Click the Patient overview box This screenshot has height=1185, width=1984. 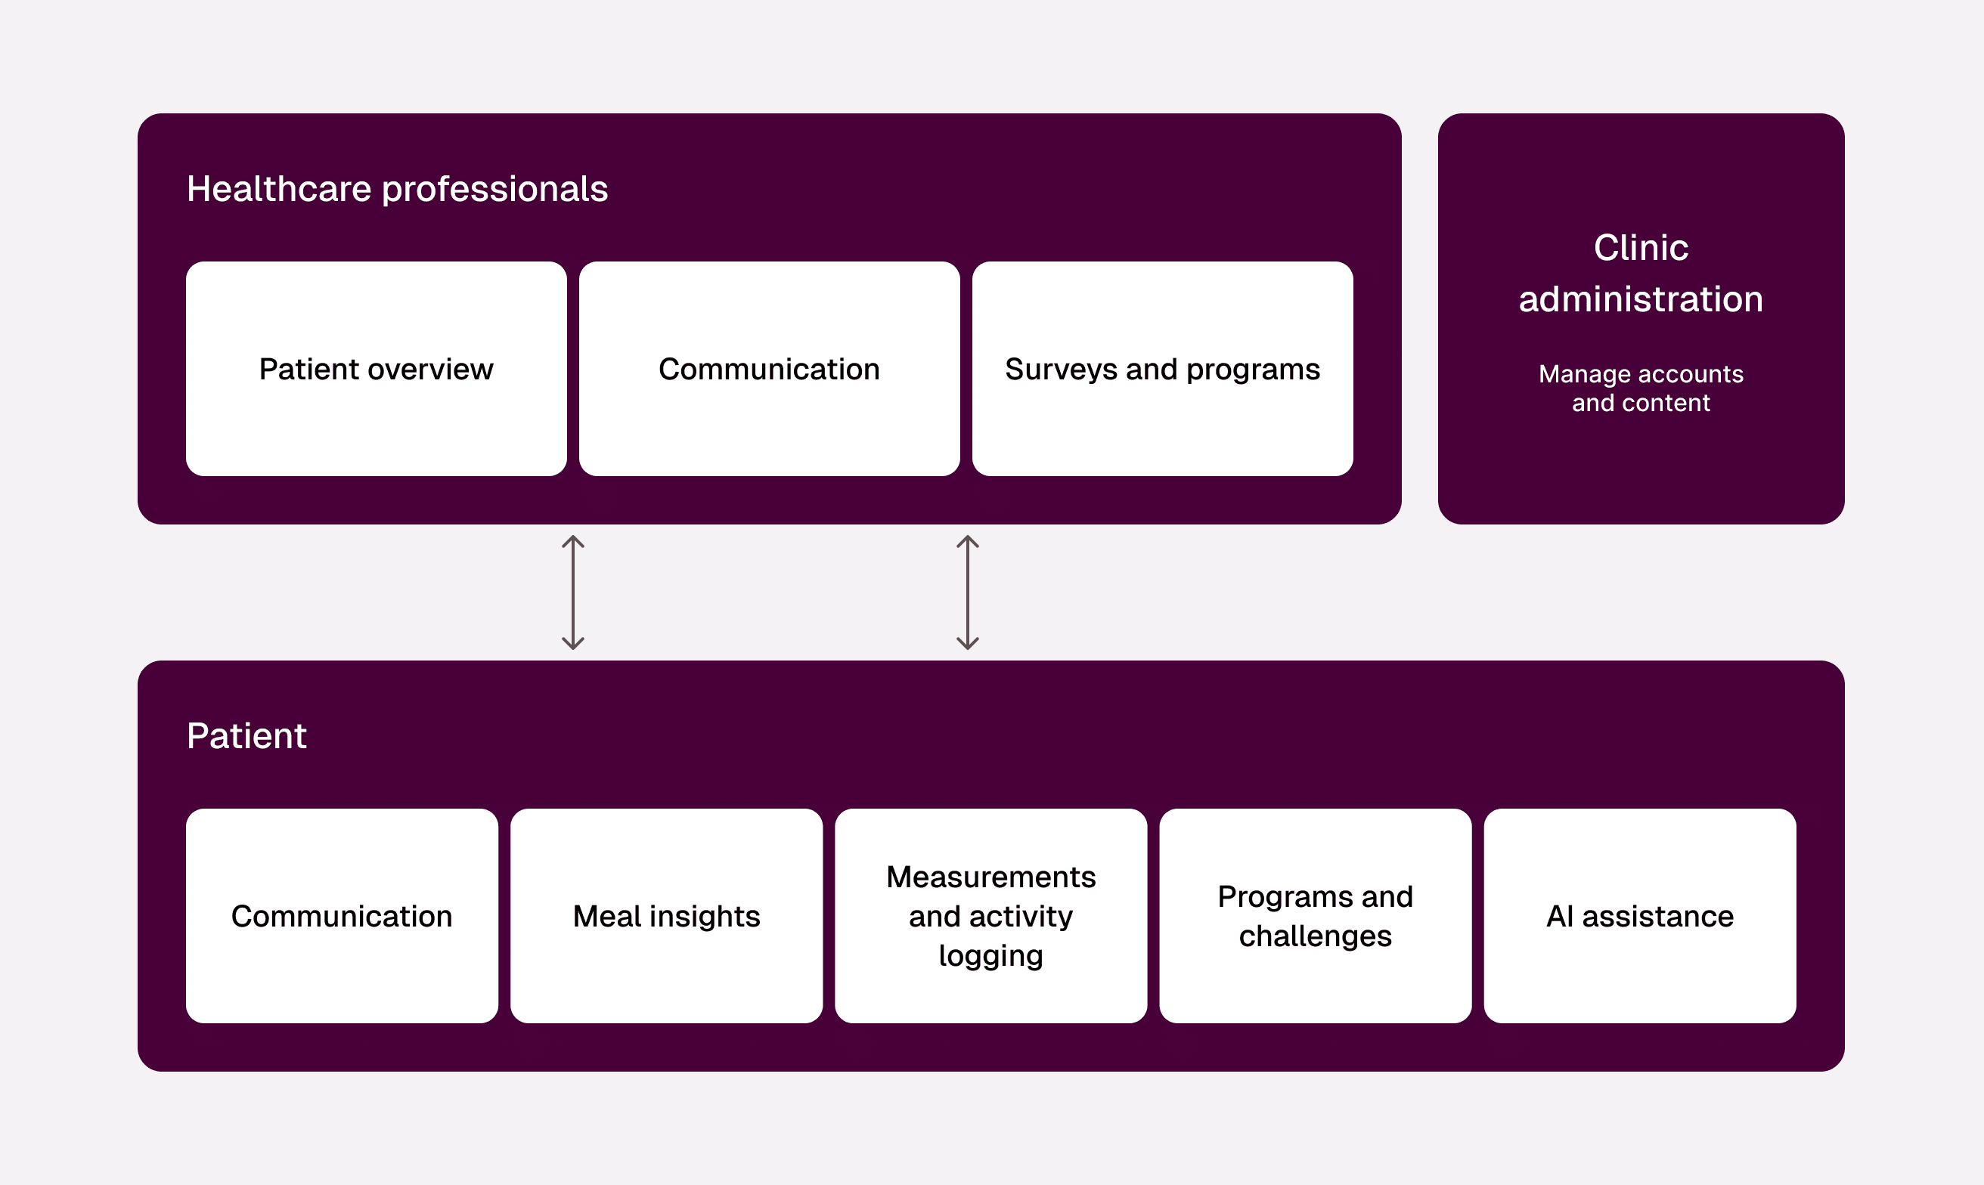(377, 369)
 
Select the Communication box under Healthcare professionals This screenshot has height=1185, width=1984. (769, 369)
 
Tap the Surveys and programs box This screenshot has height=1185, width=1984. (1162, 369)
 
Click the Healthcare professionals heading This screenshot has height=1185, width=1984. (397, 189)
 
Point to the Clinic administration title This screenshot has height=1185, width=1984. (1641, 273)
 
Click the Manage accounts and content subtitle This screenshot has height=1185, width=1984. (1641, 388)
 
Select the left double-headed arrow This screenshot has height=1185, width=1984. (572, 592)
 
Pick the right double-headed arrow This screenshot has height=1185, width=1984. (967, 592)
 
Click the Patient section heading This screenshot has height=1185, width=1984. (246, 735)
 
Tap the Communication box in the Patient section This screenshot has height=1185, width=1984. (342, 916)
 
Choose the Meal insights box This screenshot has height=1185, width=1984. (666, 916)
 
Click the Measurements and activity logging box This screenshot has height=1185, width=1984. (990, 916)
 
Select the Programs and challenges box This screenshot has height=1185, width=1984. (1315, 916)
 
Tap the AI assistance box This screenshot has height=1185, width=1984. (1640, 916)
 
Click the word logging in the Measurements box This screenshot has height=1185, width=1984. (990, 956)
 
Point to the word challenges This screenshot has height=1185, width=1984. (1315, 936)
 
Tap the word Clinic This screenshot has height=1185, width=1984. (1641, 248)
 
